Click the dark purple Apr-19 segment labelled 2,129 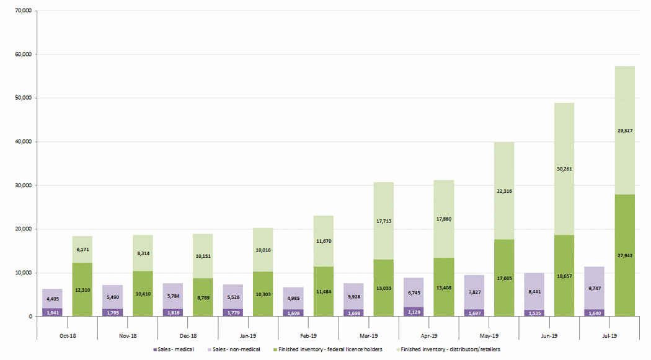tap(414, 312)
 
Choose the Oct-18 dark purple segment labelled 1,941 tap(52, 312)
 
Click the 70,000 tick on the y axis tap(22, 11)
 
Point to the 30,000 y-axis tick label tap(22, 185)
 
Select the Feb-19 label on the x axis tap(308, 336)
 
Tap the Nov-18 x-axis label tap(128, 336)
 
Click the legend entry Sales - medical tap(175, 350)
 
